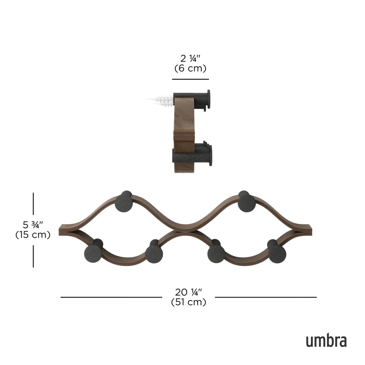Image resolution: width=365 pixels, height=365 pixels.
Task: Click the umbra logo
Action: point(326,341)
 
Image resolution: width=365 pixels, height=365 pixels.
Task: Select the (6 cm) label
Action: point(190,68)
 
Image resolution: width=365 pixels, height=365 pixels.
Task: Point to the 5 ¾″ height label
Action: point(33,225)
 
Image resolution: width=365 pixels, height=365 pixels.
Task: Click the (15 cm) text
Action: point(33,234)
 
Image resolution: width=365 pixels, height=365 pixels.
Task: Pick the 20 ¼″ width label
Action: point(188,292)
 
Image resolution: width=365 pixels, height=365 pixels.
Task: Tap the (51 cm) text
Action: point(188,302)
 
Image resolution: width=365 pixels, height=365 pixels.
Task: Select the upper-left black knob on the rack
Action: point(125,202)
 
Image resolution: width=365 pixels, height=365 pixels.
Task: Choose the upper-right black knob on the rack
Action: point(246,202)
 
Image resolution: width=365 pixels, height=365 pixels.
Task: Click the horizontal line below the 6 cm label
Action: point(190,79)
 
